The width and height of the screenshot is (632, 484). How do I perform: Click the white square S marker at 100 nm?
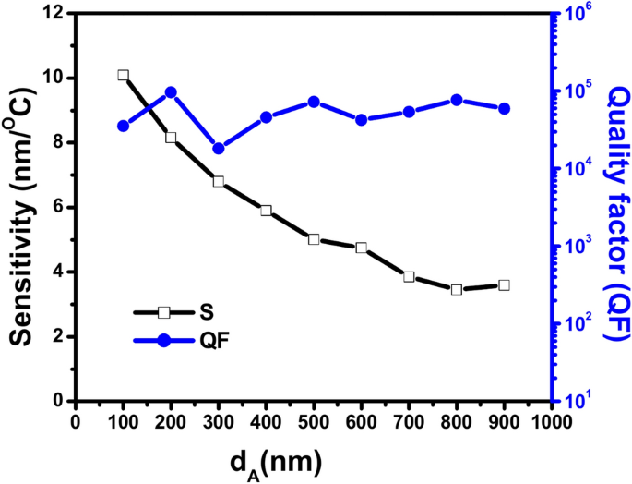[x=123, y=76]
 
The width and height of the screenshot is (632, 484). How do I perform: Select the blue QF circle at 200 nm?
[x=171, y=92]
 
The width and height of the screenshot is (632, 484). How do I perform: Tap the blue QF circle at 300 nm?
[x=219, y=149]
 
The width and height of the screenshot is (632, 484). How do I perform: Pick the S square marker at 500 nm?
[x=314, y=239]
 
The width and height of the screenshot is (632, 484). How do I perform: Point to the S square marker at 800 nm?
[x=457, y=289]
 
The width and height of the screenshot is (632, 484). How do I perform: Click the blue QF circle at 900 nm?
[x=504, y=109]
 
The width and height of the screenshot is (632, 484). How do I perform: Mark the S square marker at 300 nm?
[x=219, y=181]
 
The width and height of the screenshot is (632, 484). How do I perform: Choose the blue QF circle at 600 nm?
[x=362, y=119]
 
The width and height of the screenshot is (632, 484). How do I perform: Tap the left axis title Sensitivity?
[x=22, y=208]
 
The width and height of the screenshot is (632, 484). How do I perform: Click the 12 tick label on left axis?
[x=54, y=14]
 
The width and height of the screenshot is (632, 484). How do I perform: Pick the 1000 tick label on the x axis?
[x=552, y=421]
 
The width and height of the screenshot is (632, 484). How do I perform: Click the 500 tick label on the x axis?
[x=314, y=421]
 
